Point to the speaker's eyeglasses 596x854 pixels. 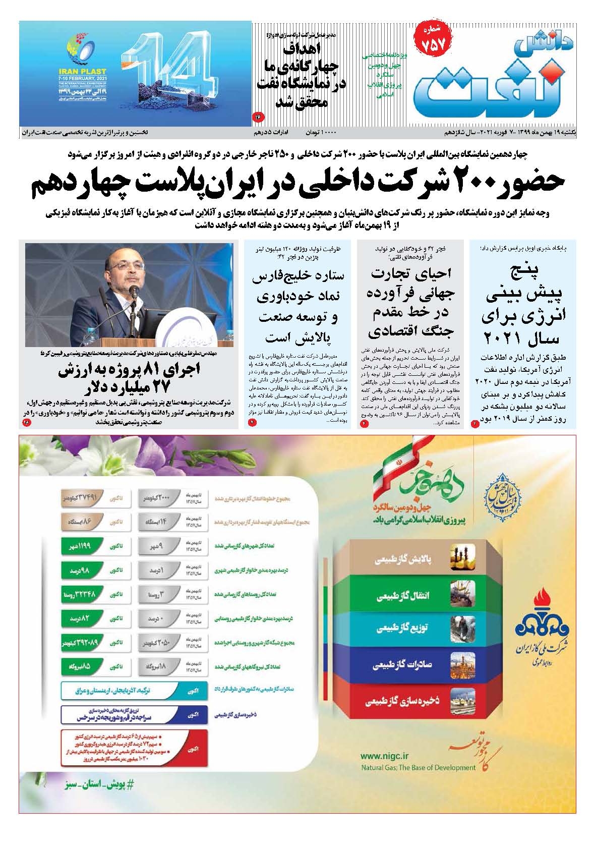coord(125,268)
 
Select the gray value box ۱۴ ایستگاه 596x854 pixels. coord(159,522)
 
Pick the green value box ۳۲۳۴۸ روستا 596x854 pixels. coord(79,594)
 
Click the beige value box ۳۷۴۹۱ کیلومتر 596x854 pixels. coord(79,497)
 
